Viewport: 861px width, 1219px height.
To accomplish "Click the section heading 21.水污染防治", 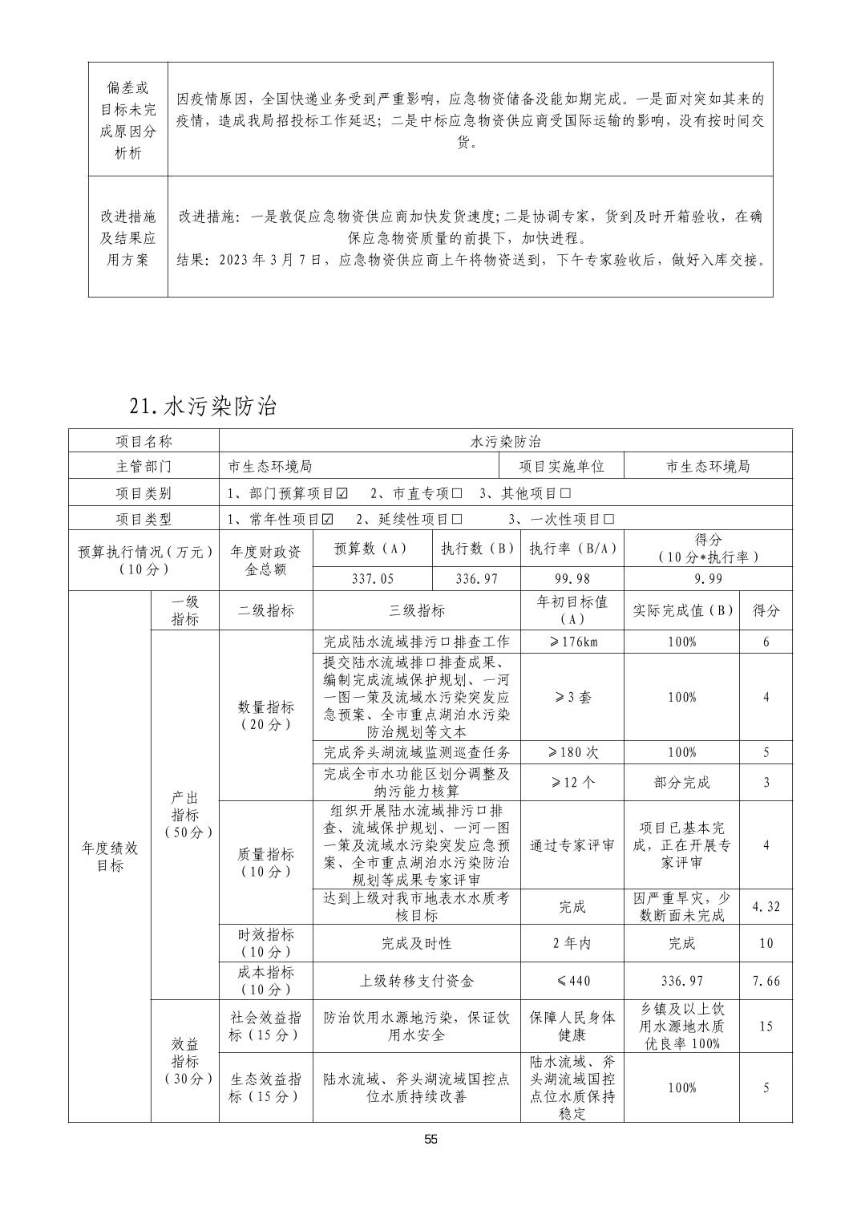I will [x=203, y=407].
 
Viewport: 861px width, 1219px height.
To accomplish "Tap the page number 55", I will [x=430, y=1140].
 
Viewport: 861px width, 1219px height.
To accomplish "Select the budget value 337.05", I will [x=373, y=578].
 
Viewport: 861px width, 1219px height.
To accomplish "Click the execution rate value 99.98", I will [x=572, y=578].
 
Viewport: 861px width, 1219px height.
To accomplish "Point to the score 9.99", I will [x=708, y=578].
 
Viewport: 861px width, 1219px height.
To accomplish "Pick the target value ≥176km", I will [x=572, y=642].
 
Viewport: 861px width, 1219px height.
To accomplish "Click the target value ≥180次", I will [x=572, y=752].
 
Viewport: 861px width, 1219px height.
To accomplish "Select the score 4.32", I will [x=766, y=907].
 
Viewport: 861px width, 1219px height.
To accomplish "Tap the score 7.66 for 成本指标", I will [x=766, y=981].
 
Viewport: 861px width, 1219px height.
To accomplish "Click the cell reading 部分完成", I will [x=681, y=782].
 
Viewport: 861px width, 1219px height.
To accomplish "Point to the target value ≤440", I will [x=572, y=981].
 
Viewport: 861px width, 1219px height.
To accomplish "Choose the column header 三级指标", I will [x=417, y=610].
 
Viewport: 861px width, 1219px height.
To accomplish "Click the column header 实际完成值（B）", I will [x=681, y=610].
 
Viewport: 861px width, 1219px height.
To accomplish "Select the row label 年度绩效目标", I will [x=110, y=857].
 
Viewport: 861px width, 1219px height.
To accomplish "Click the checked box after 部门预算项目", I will [x=342, y=493].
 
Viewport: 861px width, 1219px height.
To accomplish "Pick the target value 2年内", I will [x=572, y=943].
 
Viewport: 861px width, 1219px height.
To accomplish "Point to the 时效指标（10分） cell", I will [x=266, y=943].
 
